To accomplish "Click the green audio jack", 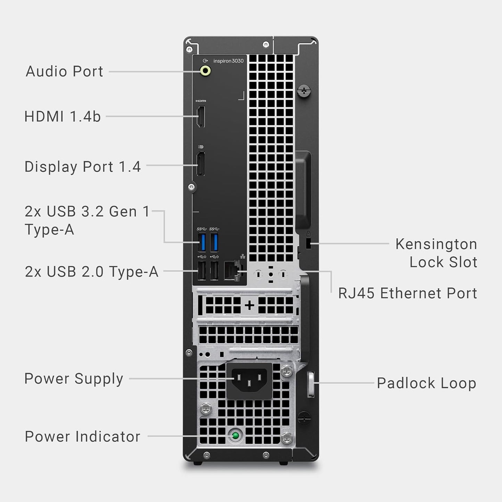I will click(x=206, y=71).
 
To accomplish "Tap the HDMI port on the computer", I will click(x=201, y=117).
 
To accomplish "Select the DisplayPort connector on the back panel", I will click(x=200, y=164).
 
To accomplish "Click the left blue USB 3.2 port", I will click(x=202, y=242).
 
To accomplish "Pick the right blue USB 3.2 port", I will click(x=214, y=242).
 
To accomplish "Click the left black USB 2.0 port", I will click(x=201, y=271).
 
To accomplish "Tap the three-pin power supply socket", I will click(x=249, y=379).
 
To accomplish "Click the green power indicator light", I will click(x=236, y=435).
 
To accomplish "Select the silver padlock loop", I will click(x=311, y=384).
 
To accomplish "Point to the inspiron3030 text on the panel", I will click(x=228, y=61).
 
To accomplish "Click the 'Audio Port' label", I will click(x=65, y=72).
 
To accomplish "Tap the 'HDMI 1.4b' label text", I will click(x=63, y=116).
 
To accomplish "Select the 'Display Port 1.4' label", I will click(x=83, y=167).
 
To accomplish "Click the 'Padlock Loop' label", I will click(x=426, y=383).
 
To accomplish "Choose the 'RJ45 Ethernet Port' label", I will click(x=408, y=293).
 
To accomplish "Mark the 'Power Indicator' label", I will click(x=83, y=437).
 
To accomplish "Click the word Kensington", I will click(x=436, y=244).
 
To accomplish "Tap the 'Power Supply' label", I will click(x=74, y=379).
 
